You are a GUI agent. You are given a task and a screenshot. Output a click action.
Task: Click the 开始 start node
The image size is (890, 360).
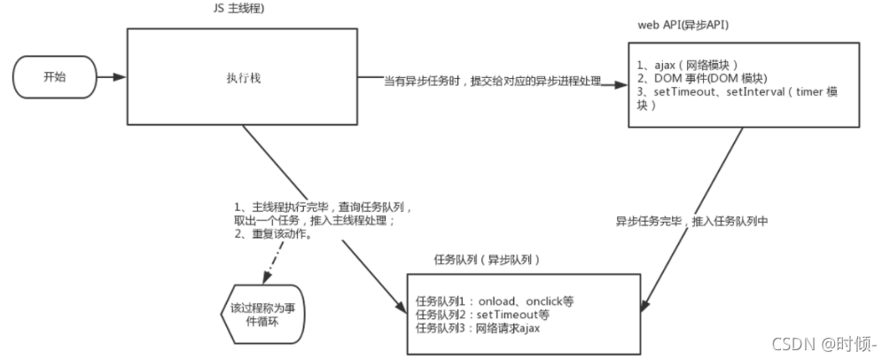tap(54, 77)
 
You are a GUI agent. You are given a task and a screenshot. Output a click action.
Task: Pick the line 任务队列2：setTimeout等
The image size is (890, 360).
tap(482, 315)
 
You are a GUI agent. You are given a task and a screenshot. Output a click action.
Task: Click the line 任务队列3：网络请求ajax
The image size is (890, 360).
tap(479, 328)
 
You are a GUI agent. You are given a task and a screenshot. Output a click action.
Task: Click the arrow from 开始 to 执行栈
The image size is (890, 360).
tap(109, 77)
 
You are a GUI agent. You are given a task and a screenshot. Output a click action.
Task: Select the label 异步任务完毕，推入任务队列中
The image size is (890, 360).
tap(691, 220)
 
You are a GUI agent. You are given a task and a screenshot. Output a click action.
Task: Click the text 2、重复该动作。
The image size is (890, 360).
tap(276, 234)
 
